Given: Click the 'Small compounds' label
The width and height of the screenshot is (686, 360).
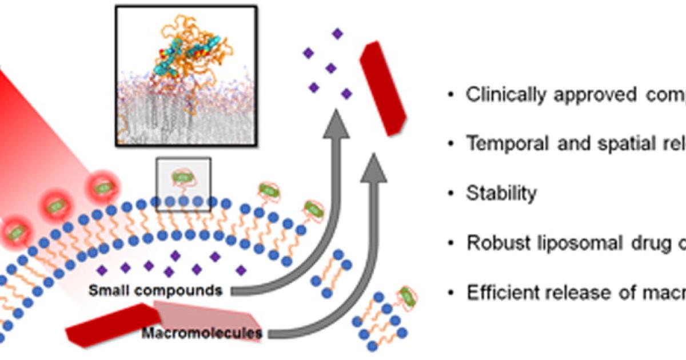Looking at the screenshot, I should pyautogui.click(x=155, y=290).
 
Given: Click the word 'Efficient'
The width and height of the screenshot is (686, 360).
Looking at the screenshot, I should pyautogui.click(x=502, y=293).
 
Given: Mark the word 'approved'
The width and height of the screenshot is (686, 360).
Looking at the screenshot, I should pyautogui.click(x=589, y=95).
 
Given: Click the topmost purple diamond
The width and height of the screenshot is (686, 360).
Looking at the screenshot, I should pyautogui.click(x=338, y=34).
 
